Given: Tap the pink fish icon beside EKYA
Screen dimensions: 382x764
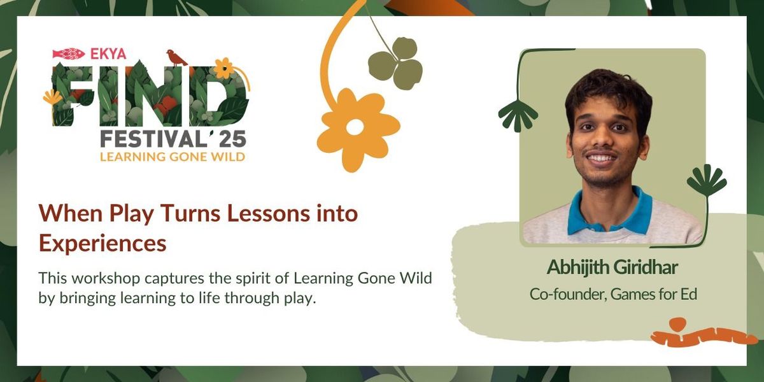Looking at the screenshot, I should pyautogui.click(x=68, y=53).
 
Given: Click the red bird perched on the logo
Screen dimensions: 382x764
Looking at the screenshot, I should pyautogui.click(x=176, y=57).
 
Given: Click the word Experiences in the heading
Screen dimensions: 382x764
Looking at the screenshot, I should pyautogui.click(x=103, y=243).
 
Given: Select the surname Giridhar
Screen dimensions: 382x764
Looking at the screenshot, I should pyautogui.click(x=647, y=267).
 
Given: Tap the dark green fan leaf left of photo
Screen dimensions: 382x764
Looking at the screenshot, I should pyautogui.click(x=517, y=115).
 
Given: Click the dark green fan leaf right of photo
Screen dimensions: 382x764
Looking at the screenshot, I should pyautogui.click(x=707, y=180).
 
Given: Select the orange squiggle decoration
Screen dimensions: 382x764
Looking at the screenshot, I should pyautogui.click(x=700, y=334).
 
